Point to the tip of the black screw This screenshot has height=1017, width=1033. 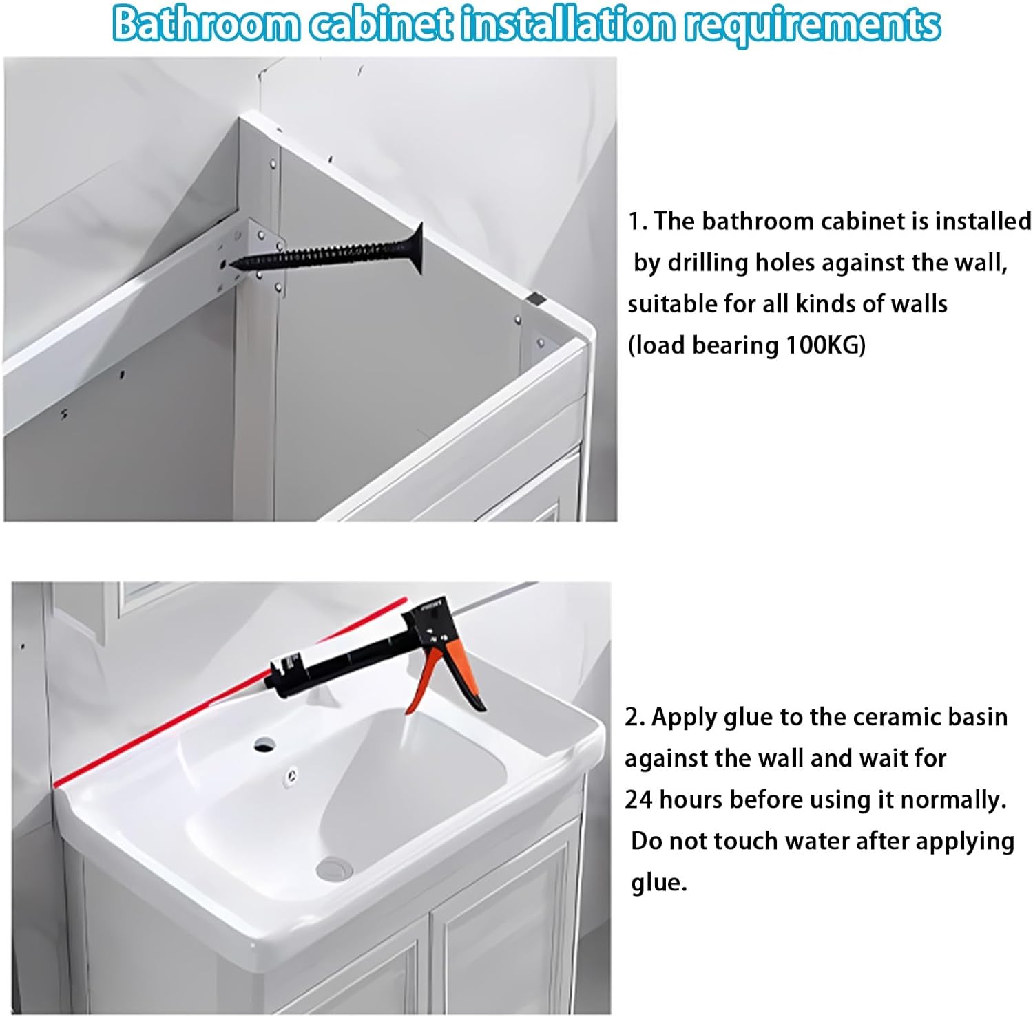coord(233,263)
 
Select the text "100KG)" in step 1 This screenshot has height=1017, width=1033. coord(826,345)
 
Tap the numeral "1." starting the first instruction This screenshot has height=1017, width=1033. coord(637,222)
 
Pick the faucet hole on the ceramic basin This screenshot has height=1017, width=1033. coord(264,743)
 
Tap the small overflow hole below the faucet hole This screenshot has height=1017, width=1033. coord(293,775)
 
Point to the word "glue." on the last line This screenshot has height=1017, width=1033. coord(659,883)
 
